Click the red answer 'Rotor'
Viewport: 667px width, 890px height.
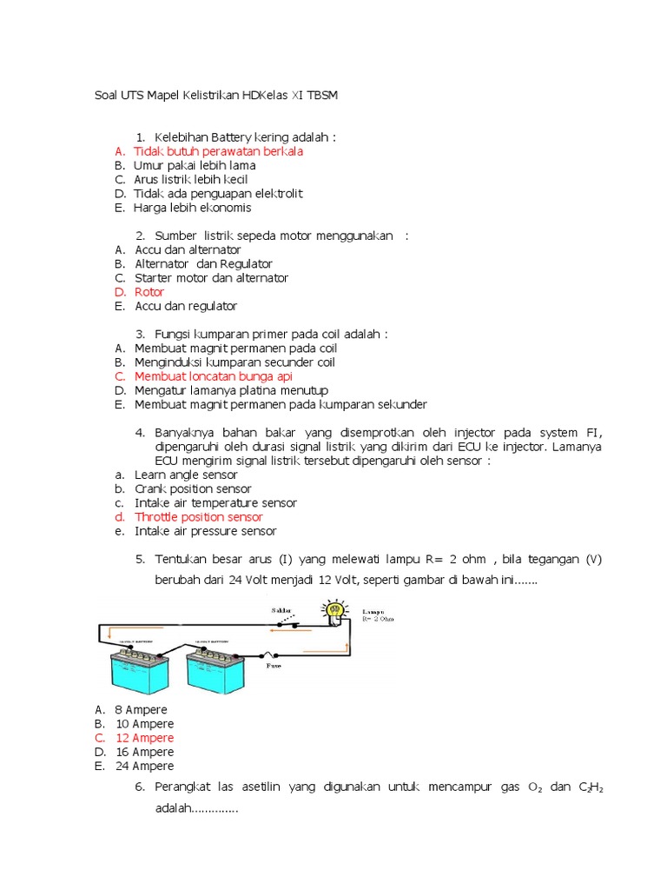tap(149, 292)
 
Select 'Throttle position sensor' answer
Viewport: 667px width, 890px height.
tap(198, 517)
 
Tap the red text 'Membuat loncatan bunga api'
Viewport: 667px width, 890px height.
tap(213, 376)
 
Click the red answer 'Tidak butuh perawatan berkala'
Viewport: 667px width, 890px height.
tap(218, 151)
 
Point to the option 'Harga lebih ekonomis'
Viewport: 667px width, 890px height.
tap(192, 208)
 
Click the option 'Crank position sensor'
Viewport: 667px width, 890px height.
tap(193, 488)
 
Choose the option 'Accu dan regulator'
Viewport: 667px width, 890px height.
tap(185, 306)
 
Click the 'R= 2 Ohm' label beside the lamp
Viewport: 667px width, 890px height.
tap(378, 620)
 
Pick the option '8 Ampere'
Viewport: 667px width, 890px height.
tap(141, 710)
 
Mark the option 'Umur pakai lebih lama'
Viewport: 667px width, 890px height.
tap(194, 165)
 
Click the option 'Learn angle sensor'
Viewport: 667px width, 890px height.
tap(186, 475)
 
